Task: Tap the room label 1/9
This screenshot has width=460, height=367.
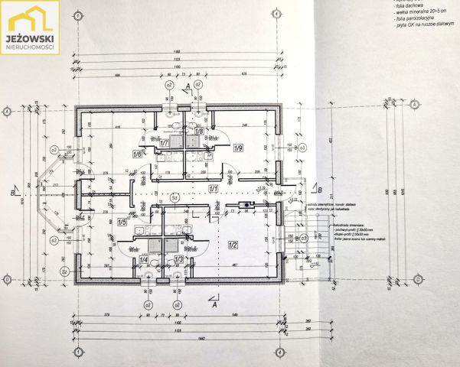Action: tap(238, 148)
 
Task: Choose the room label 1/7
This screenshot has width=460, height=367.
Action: tap(163, 142)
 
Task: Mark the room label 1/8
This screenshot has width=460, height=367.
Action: tap(198, 132)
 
